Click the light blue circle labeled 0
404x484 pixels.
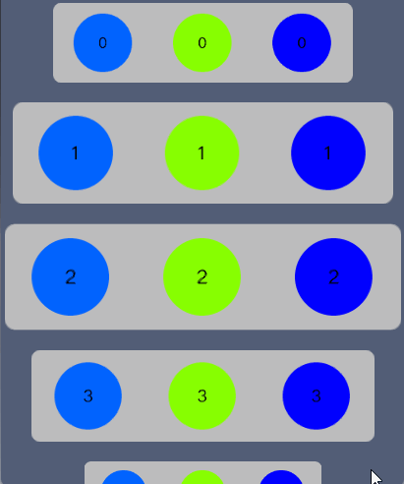[x=102, y=42]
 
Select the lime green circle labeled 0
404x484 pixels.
[x=202, y=42]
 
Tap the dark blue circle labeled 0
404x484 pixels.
[x=302, y=42]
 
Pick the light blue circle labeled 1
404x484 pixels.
[x=76, y=152]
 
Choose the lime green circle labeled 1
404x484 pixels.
[x=202, y=152]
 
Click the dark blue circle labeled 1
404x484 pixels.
[x=328, y=152]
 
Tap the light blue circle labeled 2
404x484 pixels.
[x=70, y=276]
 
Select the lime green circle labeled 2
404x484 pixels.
[x=202, y=276]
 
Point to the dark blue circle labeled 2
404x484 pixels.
[x=333, y=276]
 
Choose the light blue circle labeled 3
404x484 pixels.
[x=87, y=395]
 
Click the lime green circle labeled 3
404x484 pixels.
[x=202, y=395]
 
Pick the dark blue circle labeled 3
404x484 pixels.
[x=317, y=395]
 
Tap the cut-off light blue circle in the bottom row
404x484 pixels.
[x=124, y=478]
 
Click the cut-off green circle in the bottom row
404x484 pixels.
[x=202, y=478]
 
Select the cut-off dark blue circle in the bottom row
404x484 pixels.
[x=281, y=478]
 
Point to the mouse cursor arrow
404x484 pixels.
[x=375, y=476]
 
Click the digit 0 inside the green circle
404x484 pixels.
[x=202, y=43]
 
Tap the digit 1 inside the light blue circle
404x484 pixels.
[x=76, y=153]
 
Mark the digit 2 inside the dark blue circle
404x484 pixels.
[x=333, y=277]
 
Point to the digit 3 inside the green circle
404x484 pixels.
[x=202, y=396]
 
